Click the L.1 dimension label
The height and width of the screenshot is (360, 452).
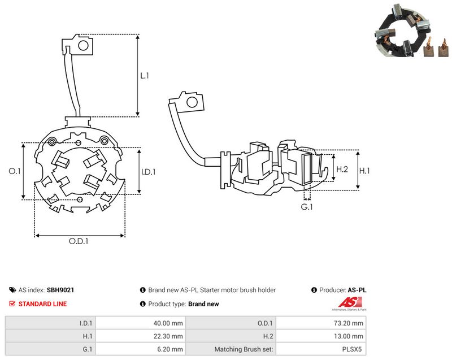coord(145,76)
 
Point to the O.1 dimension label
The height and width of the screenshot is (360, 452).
coord(15,171)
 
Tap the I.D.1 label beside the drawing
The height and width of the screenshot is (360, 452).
coord(148,172)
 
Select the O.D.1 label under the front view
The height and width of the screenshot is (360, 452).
coord(79,241)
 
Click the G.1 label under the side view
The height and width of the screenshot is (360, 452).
coord(306,207)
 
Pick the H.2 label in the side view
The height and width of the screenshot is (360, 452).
coord(342,169)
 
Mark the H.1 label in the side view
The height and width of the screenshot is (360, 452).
coord(364,171)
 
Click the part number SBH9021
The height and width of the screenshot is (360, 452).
coord(60,290)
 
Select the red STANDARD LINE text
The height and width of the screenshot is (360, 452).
coord(43,304)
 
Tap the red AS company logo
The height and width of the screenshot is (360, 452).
coord(350,303)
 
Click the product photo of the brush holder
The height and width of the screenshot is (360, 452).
coord(412,31)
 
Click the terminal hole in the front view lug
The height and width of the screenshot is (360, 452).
coord(83,45)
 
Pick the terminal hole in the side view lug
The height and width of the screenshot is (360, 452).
coord(192,102)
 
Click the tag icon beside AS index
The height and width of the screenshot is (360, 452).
coord(12,290)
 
